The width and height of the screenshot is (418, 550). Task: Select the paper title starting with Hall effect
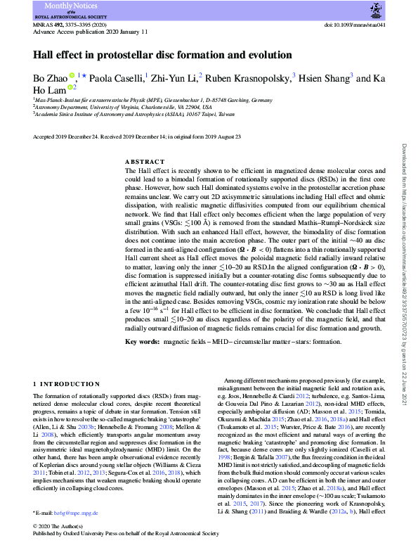(x=162, y=54)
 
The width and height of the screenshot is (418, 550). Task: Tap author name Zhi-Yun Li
(x=175, y=78)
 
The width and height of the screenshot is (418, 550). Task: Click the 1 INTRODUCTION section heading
(x=67, y=383)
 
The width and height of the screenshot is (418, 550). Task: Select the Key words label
(x=141, y=342)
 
